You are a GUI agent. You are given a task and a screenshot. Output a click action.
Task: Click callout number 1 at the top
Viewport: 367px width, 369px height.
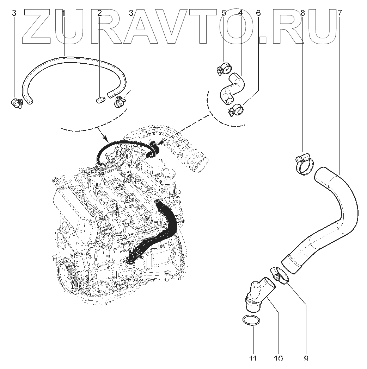[64, 13]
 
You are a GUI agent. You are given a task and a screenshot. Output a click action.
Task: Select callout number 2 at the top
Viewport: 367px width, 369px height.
[99, 13]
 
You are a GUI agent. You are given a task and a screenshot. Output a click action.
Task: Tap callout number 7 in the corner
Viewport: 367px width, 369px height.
[339, 13]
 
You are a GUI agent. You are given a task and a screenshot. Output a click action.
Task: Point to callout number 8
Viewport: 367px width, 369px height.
[302, 13]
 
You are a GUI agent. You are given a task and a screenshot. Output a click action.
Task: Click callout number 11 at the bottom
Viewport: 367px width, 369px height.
[253, 358]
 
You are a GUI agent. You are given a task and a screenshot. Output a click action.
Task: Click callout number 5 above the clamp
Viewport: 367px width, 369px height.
[224, 13]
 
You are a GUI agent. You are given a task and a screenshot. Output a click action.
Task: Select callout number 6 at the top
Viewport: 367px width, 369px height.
[258, 13]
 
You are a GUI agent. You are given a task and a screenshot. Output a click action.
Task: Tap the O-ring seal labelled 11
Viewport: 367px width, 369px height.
[252, 321]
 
